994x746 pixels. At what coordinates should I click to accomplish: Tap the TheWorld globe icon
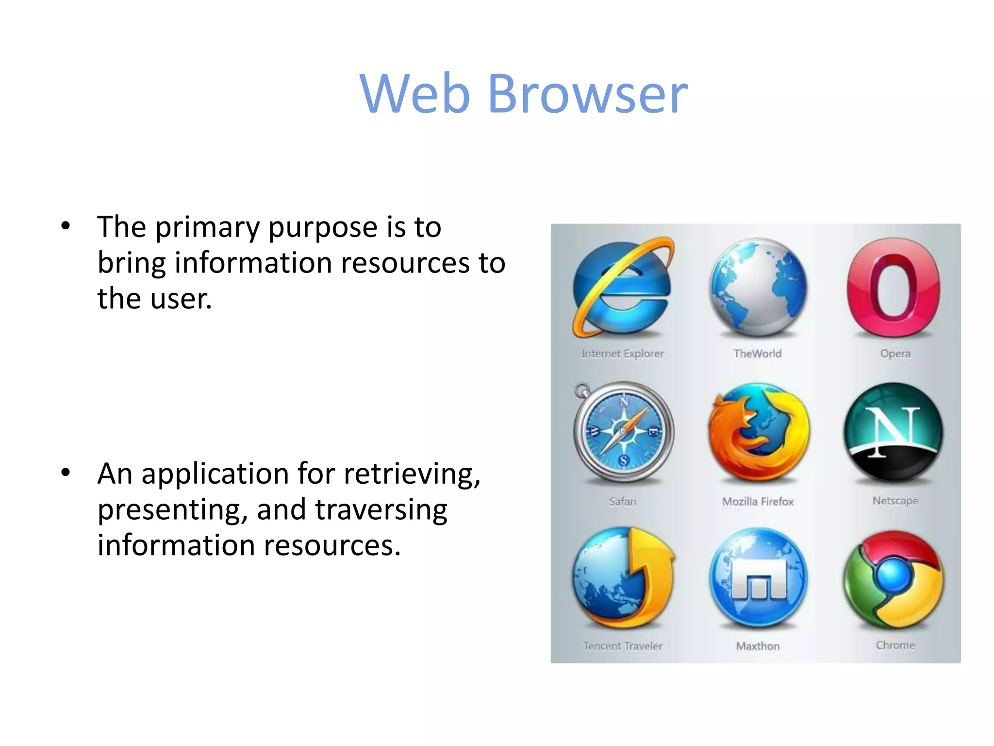coord(758,288)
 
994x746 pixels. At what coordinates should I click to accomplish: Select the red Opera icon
coord(894,288)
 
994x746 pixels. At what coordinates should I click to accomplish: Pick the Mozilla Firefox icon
coord(759,432)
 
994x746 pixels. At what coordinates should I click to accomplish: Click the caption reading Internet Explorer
coord(623,354)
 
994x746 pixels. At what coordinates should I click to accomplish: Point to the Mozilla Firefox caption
coord(758,501)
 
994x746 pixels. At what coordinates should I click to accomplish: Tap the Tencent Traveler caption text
coord(623,646)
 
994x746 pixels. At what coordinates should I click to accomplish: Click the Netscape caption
coord(895,500)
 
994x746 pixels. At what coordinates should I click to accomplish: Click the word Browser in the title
coord(588,93)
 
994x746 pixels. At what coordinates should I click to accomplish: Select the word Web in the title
coord(415,93)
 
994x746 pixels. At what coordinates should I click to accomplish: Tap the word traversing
coord(381,510)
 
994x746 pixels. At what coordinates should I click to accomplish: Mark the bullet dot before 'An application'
coord(66,472)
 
